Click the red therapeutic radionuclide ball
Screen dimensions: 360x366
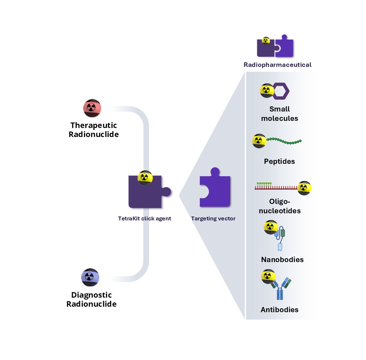pyautogui.click(x=92, y=108)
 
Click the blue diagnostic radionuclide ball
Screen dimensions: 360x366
pyautogui.click(x=90, y=277)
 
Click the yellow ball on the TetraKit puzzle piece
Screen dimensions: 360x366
pyautogui.click(x=145, y=177)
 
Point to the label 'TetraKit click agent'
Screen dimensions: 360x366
pyautogui.click(x=144, y=218)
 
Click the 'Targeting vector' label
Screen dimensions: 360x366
pyautogui.click(x=213, y=218)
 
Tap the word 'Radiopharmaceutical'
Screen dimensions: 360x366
pyautogui.click(x=277, y=65)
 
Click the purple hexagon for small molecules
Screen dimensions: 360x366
pyautogui.click(x=281, y=91)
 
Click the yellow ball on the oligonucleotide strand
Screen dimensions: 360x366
pyautogui.click(x=304, y=188)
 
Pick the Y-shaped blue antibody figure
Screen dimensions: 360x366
pyautogui.click(x=280, y=289)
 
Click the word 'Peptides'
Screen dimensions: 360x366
pyautogui.click(x=279, y=161)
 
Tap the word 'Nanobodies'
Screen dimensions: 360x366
pyautogui.click(x=282, y=259)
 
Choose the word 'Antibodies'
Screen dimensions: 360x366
pyautogui.click(x=279, y=310)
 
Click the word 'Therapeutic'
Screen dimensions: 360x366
pyautogui.click(x=94, y=125)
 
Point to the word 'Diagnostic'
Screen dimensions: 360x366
pyautogui.click(x=91, y=295)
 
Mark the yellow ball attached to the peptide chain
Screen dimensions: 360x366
pyautogui.click(x=259, y=141)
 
